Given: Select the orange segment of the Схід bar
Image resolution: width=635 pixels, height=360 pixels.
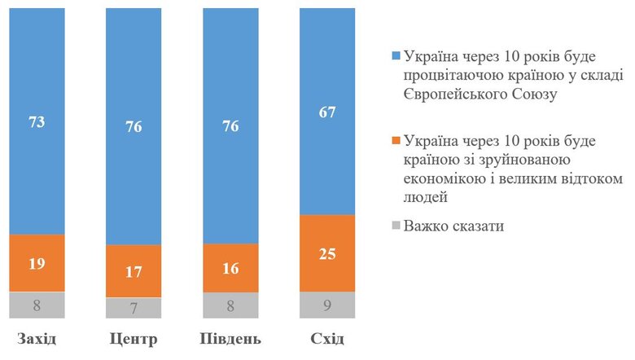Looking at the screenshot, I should (x=327, y=252).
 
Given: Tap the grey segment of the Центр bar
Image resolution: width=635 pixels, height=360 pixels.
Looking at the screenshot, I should (x=134, y=308).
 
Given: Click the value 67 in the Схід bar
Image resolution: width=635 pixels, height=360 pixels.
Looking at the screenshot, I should (x=327, y=112).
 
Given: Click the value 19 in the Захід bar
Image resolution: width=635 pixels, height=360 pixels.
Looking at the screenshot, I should (x=36, y=264).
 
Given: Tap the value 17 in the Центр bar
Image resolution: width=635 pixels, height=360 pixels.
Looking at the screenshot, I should (x=134, y=273).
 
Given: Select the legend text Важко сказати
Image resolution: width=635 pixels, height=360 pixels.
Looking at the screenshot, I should (x=453, y=226).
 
